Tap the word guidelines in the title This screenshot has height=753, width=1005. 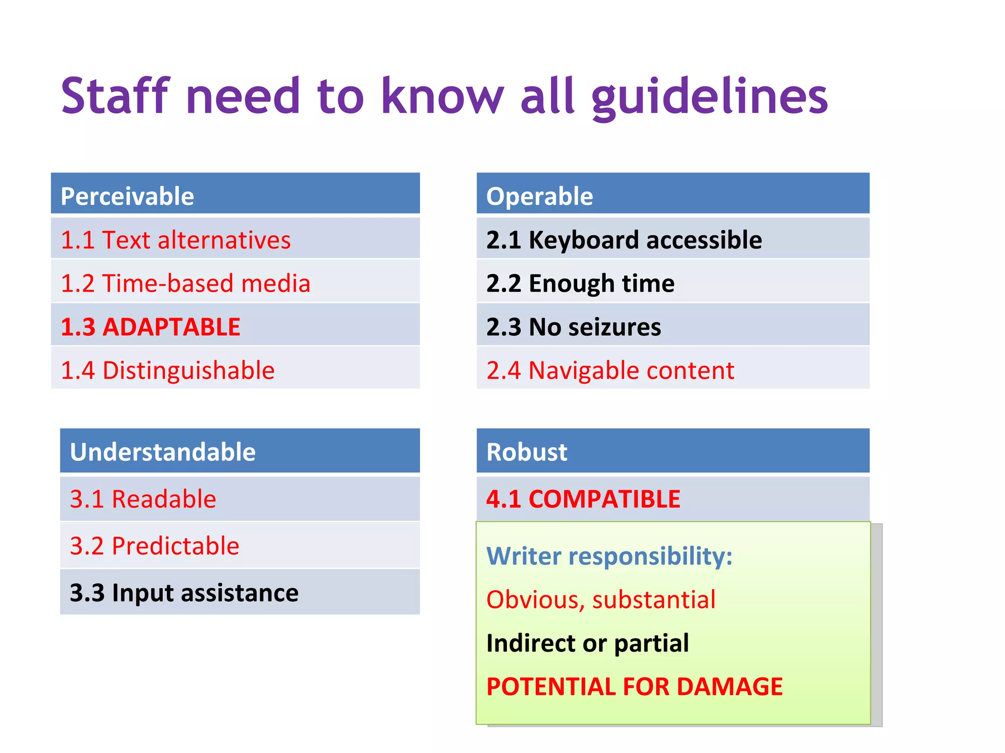coord(710,97)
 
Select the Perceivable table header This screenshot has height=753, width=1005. coord(235,195)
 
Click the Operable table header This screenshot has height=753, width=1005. coord(672,195)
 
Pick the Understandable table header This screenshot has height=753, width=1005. coord(239,451)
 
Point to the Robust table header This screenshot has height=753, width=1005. coord(672,451)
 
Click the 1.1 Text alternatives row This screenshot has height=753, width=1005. coord(235,240)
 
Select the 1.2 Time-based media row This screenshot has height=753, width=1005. coord(235,283)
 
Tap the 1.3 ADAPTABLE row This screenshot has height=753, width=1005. coord(235,326)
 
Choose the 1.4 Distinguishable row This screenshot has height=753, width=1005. coord(235,370)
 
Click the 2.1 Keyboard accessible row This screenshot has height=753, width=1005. coord(672,240)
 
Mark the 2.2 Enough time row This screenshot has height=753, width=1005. coord(672,283)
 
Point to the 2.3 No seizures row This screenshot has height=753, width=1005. coord(672,326)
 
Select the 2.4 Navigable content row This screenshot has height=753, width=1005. coord(672,370)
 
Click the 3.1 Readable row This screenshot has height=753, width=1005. coord(239,499)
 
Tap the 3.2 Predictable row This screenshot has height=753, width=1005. coord(239,546)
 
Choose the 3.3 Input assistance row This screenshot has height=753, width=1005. coord(239,592)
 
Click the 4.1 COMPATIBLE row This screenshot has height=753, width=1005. coord(672,499)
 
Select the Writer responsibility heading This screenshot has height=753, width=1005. coord(609,556)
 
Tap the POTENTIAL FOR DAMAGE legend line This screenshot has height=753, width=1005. coord(634,686)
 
